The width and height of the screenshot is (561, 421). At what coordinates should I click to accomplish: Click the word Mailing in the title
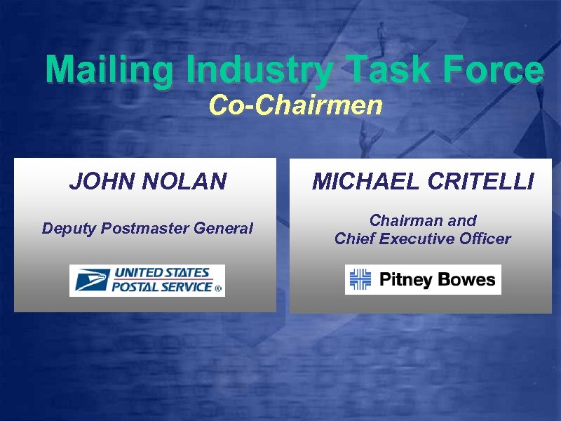click(x=109, y=72)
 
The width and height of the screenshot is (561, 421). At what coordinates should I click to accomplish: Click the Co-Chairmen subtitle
click(x=295, y=106)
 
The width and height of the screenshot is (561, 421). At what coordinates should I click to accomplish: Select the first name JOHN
click(x=100, y=182)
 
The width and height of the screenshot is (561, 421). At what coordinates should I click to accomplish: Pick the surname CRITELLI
click(x=478, y=182)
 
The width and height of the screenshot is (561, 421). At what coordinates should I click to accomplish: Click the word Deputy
click(x=69, y=229)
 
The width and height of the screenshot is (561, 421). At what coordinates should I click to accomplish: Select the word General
click(x=225, y=228)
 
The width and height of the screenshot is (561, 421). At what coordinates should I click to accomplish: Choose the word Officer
click(x=485, y=239)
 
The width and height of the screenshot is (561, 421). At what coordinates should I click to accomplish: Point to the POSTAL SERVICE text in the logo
click(x=163, y=286)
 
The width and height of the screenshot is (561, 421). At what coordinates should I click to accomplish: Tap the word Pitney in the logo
click(x=406, y=280)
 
